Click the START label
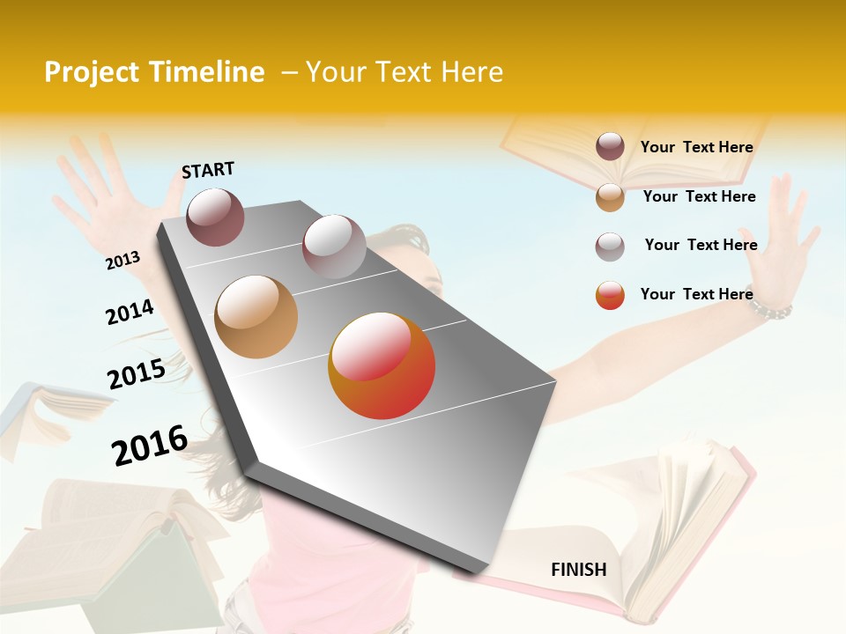(x=208, y=170)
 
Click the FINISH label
(x=578, y=570)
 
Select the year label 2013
(x=123, y=260)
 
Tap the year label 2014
(x=130, y=312)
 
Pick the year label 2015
(x=137, y=374)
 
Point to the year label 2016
(x=150, y=446)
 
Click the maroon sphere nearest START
(x=216, y=217)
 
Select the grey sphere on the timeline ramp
(x=334, y=247)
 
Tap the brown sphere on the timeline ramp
(x=256, y=317)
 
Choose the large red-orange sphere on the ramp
(x=382, y=365)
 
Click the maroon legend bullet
(x=610, y=146)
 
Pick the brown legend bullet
(x=610, y=196)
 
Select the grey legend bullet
(x=610, y=246)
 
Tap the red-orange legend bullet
(x=610, y=295)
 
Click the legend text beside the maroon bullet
(x=696, y=147)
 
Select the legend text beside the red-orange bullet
(x=696, y=294)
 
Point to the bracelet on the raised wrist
(x=773, y=309)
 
